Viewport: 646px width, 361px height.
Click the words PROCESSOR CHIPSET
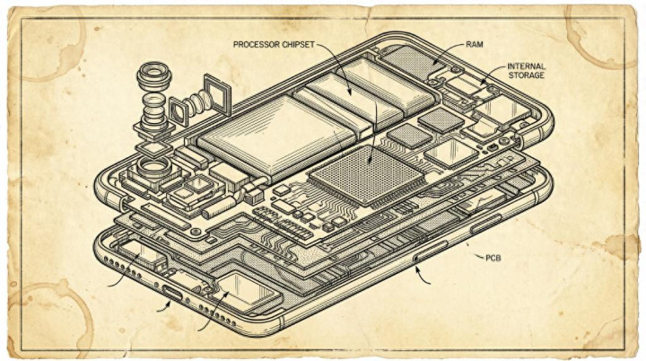274,44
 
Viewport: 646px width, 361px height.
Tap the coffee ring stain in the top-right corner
607,22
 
